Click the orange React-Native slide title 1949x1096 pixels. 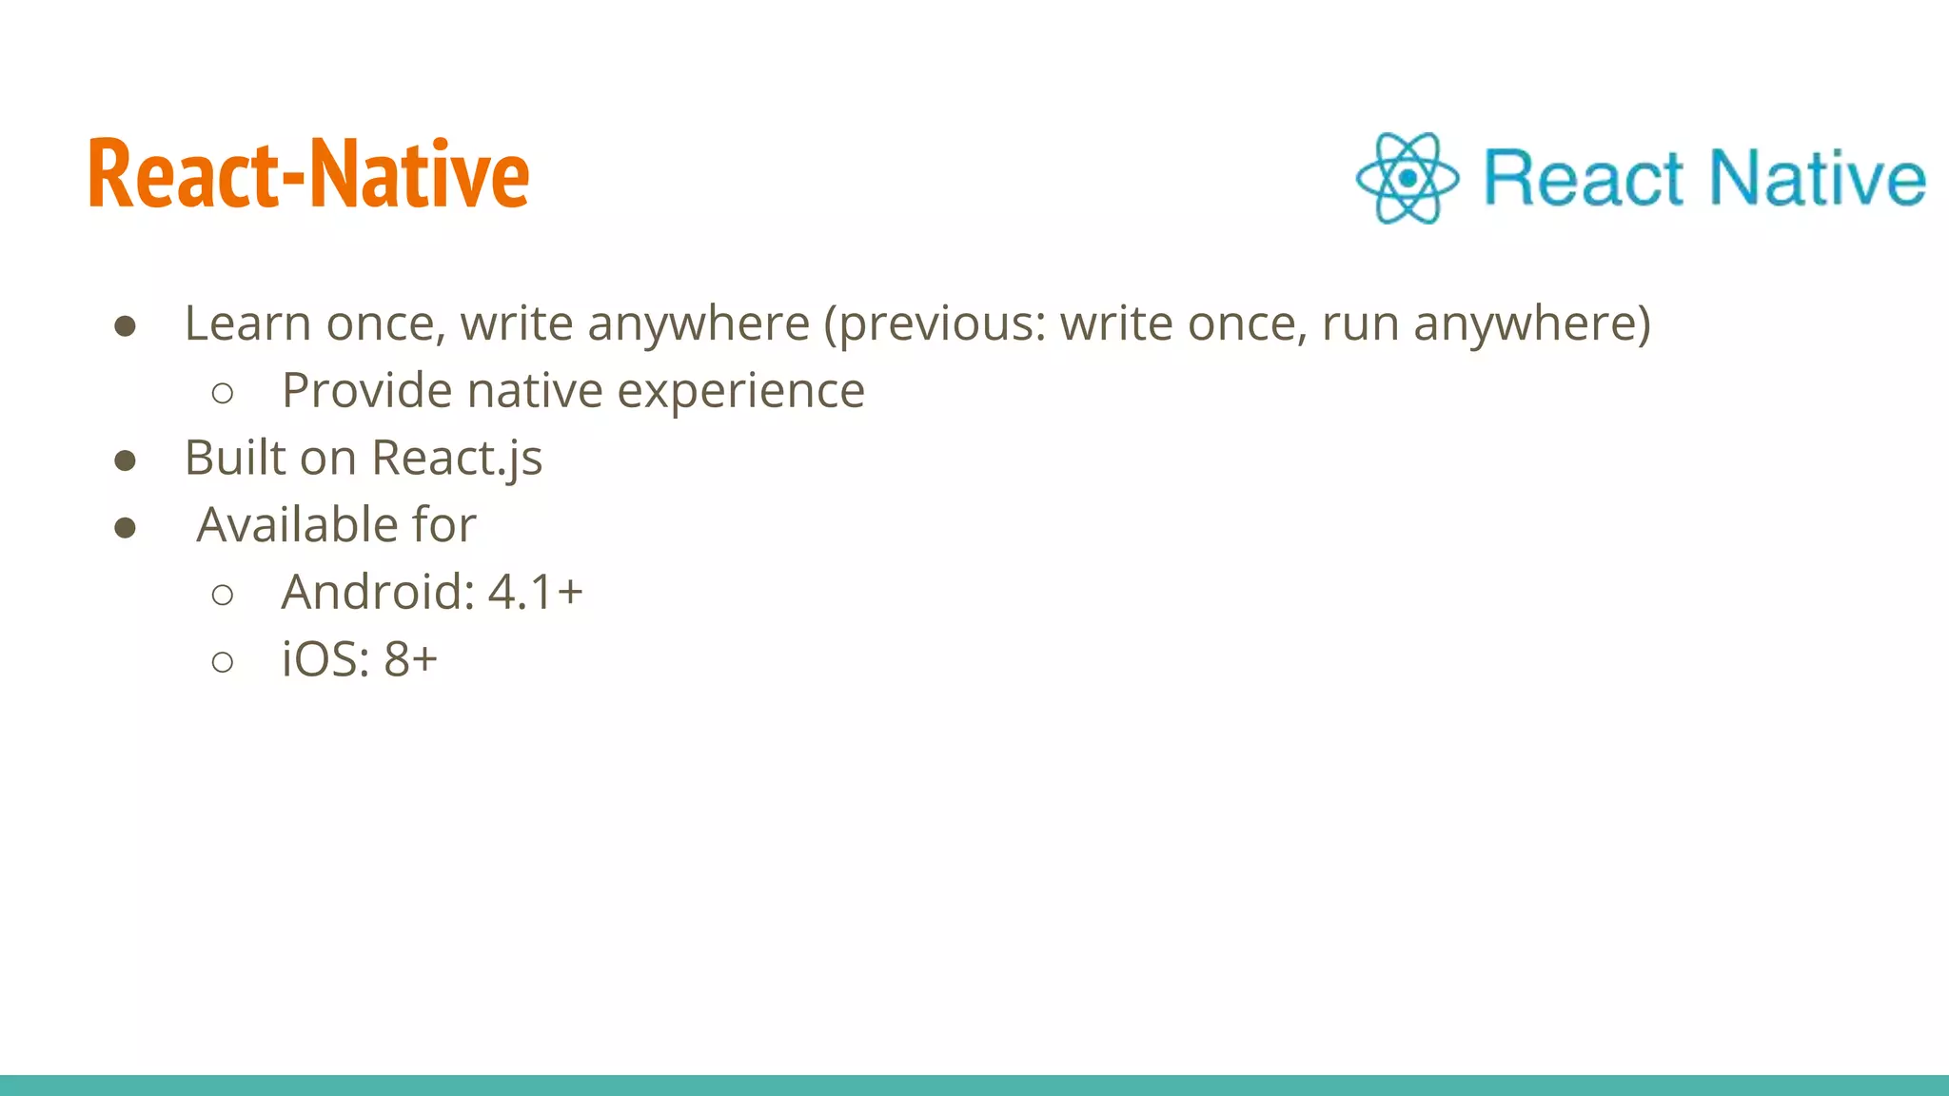click(x=308, y=173)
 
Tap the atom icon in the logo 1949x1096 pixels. click(x=1407, y=178)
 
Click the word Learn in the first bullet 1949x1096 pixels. click(x=246, y=323)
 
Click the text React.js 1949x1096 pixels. click(x=457, y=459)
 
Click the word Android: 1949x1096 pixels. click(x=378, y=592)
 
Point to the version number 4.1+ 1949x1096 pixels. click(x=535, y=592)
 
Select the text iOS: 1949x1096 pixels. click(x=325, y=659)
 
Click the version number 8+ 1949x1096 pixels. click(x=410, y=659)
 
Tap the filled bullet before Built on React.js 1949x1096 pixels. click(x=125, y=461)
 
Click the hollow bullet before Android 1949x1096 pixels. click(x=223, y=596)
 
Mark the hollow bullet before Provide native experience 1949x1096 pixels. click(x=223, y=394)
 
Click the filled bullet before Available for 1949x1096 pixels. click(x=125, y=528)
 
